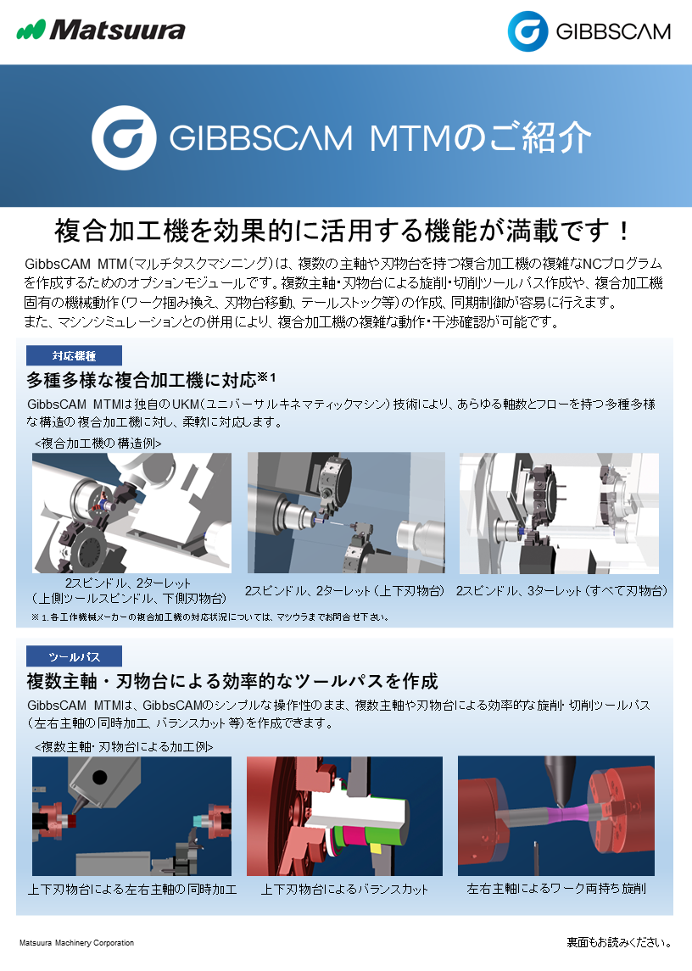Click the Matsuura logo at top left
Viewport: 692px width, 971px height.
click(100, 30)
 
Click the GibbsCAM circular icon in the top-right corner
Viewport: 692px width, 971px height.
click(527, 31)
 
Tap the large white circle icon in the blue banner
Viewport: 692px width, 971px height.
click(124, 137)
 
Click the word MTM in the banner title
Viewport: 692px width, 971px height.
click(411, 137)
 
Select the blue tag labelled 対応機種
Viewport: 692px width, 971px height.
click(74, 355)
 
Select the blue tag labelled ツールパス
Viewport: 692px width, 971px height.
click(74, 656)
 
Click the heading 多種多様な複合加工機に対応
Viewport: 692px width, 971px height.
click(142, 380)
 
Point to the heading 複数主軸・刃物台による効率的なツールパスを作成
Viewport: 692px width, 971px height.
click(232, 681)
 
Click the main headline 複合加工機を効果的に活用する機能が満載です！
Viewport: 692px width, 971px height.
click(343, 231)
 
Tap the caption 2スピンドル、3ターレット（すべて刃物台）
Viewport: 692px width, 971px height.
click(561, 591)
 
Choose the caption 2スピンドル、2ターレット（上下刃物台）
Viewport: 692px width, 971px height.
click(345, 591)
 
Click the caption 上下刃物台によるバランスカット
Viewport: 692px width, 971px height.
click(344, 890)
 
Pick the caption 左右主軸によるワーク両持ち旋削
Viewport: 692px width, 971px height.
click(556, 889)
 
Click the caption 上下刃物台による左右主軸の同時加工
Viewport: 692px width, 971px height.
click(132, 890)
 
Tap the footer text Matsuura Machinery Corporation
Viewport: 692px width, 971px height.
click(77, 942)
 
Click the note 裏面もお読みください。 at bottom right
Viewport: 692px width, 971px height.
click(619, 942)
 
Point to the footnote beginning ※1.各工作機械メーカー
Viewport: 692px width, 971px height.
click(210, 617)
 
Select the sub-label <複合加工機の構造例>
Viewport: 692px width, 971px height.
click(98, 444)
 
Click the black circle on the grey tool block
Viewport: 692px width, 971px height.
click(99, 777)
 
